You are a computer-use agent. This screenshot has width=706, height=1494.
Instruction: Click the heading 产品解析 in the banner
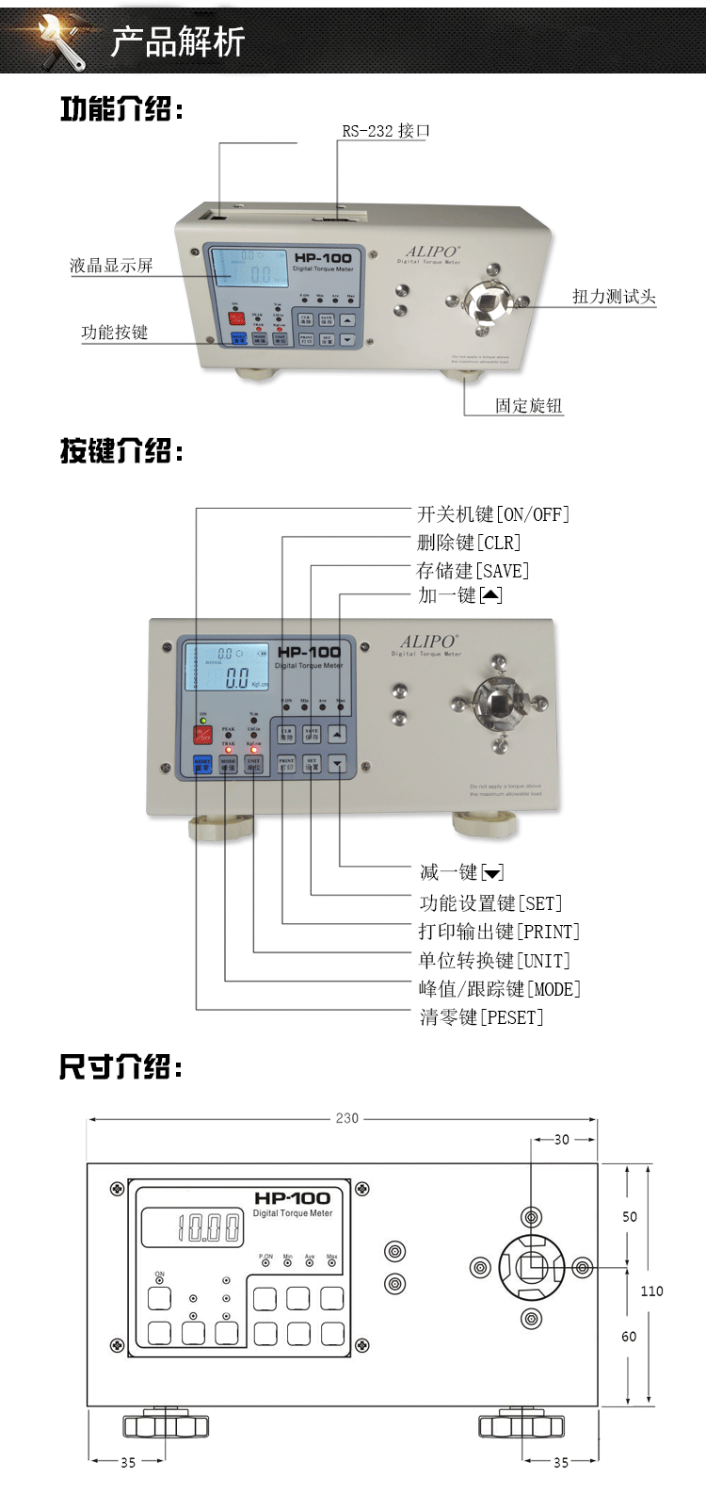pyautogui.click(x=177, y=41)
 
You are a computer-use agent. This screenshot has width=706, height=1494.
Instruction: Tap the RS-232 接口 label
pyautogui.click(x=385, y=131)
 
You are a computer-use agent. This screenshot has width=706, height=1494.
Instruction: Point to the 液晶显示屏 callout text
pyautogui.click(x=111, y=266)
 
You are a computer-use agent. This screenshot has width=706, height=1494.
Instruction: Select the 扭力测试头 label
pyautogui.click(x=614, y=297)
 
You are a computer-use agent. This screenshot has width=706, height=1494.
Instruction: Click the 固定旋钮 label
pyautogui.click(x=529, y=406)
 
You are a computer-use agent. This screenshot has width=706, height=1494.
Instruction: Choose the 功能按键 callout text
pyautogui.click(x=114, y=333)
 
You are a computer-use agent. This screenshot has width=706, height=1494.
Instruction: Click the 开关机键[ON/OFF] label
pyautogui.click(x=493, y=514)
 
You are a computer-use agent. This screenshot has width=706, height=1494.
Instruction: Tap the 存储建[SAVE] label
pyautogui.click(x=473, y=571)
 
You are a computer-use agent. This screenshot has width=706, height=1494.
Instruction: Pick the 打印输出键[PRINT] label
pyautogui.click(x=499, y=932)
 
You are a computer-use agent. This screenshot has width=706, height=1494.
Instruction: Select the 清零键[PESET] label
pyautogui.click(x=481, y=1017)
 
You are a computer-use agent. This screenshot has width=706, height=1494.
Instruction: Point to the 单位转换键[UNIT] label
pyautogui.click(x=494, y=961)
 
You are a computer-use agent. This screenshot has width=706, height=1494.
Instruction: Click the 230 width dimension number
pyautogui.click(x=347, y=1118)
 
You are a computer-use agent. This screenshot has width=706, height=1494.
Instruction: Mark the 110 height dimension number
pyautogui.click(x=651, y=1291)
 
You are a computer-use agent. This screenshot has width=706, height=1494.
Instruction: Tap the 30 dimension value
pyautogui.click(x=562, y=1140)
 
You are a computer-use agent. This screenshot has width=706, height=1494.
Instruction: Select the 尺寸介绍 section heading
pyautogui.click(x=120, y=1067)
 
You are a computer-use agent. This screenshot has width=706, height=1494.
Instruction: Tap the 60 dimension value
pyautogui.click(x=629, y=1336)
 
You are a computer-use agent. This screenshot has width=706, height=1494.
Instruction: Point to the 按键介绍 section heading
pyautogui.click(x=121, y=451)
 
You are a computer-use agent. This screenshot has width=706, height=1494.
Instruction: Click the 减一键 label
pyautogui.click(x=461, y=872)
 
